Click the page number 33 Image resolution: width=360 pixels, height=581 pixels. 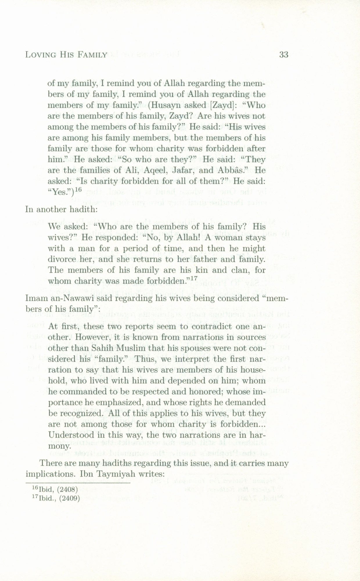tap(283, 54)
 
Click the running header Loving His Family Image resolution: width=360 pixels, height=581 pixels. tap(66, 55)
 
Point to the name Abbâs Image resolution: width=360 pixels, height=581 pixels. tap(237, 171)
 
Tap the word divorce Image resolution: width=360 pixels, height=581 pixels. tap(62, 259)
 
